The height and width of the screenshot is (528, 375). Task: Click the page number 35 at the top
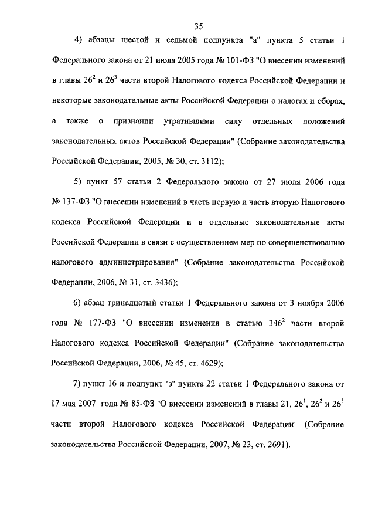coord(197,26)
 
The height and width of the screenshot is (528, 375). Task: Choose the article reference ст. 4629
coord(202,363)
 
